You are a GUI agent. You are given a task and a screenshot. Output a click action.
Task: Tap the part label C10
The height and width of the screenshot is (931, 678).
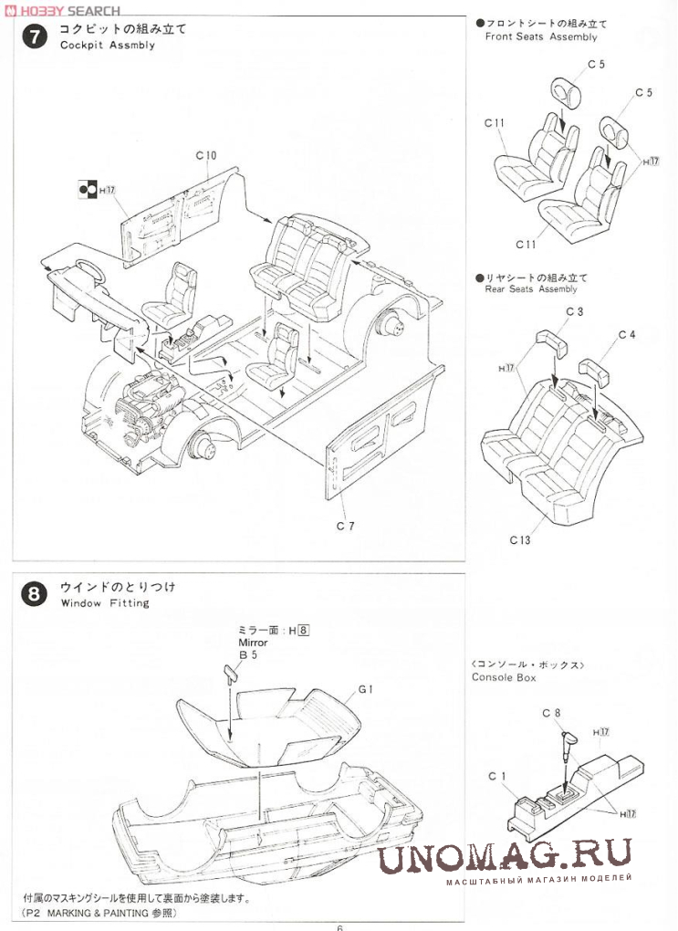point(205,155)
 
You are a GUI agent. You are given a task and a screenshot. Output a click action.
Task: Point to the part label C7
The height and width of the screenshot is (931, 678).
point(345,526)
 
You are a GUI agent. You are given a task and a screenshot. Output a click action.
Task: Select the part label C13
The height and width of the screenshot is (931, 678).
point(520,539)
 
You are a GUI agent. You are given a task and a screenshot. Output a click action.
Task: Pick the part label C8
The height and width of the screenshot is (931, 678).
point(551,712)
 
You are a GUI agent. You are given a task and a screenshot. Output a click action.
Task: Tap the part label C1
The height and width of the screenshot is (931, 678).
point(496,776)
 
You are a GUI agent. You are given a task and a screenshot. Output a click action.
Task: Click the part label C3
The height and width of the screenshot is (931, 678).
point(574,312)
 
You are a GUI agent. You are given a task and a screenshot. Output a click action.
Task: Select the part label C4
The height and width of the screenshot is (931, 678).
point(626,335)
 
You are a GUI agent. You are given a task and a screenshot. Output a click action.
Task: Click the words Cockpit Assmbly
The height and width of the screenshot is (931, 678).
point(108,45)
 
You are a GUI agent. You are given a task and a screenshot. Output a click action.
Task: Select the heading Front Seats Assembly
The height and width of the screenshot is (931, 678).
point(541,37)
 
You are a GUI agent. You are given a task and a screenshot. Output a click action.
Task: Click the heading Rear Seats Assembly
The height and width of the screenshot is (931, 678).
point(531,289)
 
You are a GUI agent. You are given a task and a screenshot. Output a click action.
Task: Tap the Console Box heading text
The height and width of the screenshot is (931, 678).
point(504,677)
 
